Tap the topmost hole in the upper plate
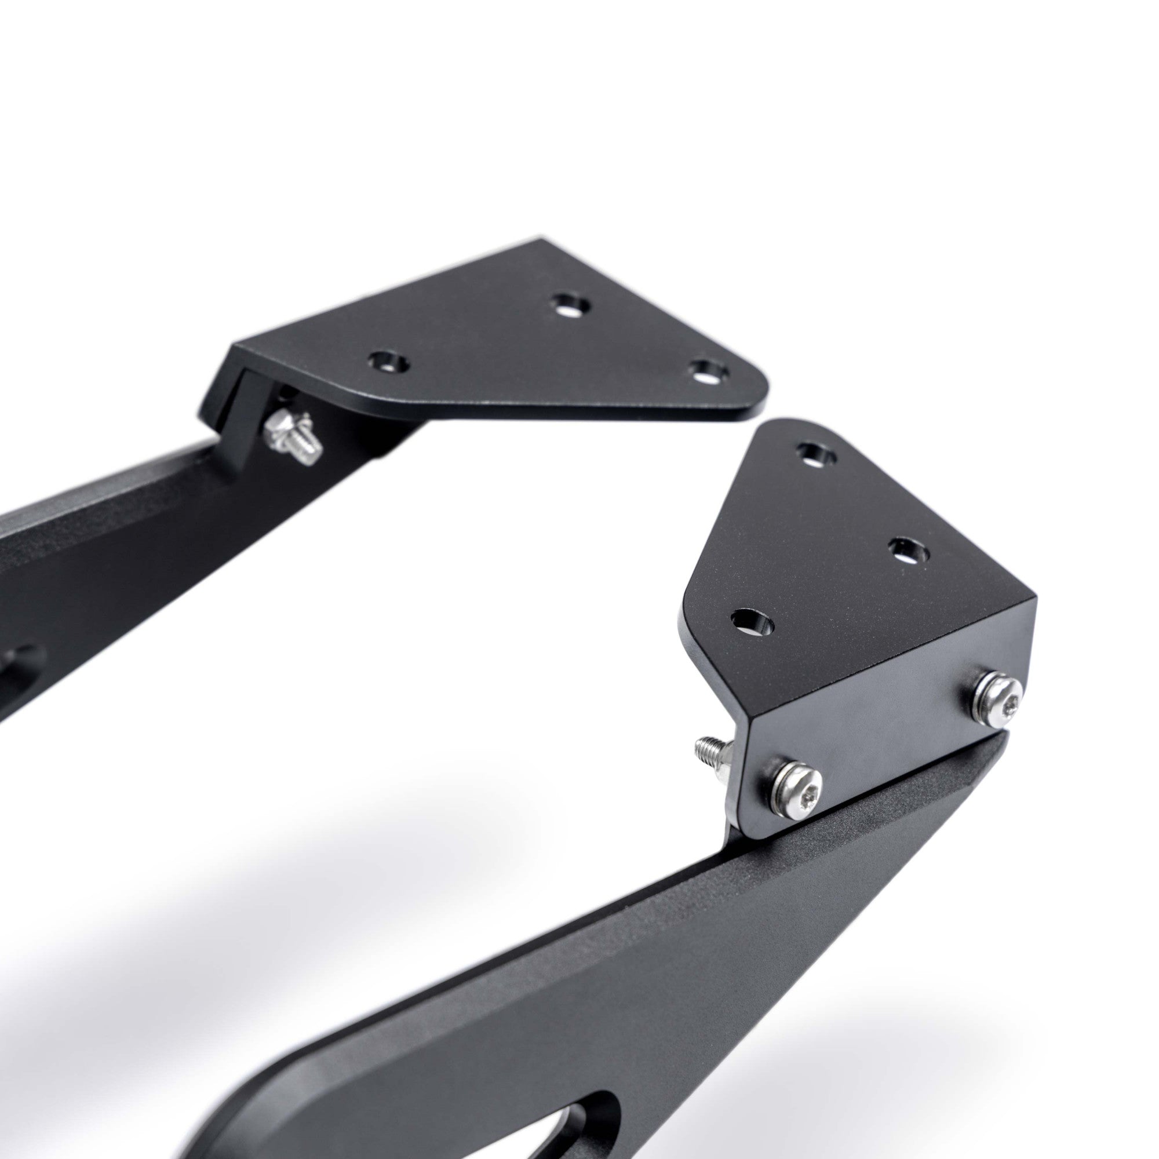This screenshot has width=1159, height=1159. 569,305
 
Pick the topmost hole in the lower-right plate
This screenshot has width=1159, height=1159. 819,453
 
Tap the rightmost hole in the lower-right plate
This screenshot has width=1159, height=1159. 909,550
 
